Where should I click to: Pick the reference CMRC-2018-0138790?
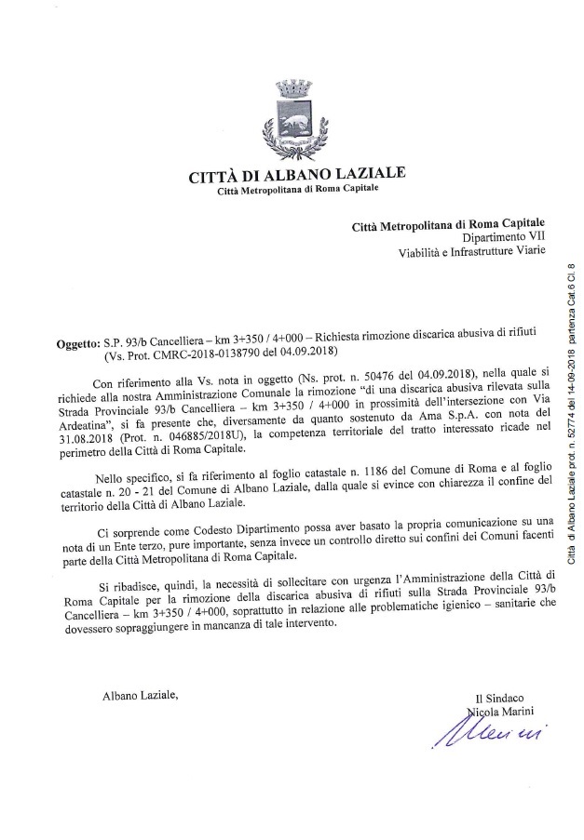click(x=205, y=353)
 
